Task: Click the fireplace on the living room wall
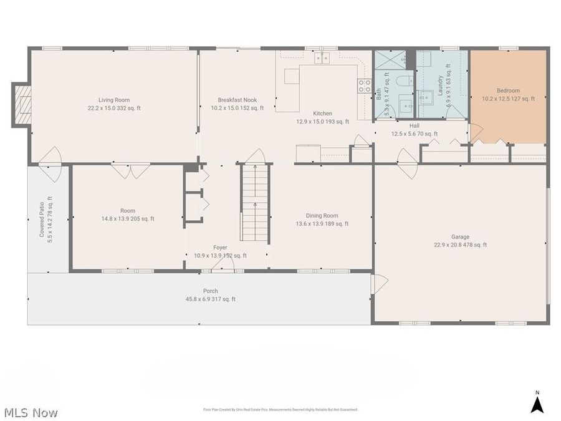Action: [x=22, y=105]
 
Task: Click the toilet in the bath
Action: [x=401, y=81]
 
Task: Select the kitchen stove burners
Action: [x=364, y=86]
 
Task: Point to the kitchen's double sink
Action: [x=322, y=59]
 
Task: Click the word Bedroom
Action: [x=508, y=90]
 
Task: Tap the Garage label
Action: [x=461, y=237]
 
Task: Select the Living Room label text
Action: [x=113, y=100]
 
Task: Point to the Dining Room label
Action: [x=322, y=216]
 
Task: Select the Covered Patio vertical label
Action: [x=42, y=218]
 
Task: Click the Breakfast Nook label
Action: [x=237, y=100]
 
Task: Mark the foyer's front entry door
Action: [x=222, y=267]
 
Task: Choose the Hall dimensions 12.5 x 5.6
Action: [x=415, y=133]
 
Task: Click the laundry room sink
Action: [x=426, y=97]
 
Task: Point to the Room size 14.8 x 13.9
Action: [x=128, y=219]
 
